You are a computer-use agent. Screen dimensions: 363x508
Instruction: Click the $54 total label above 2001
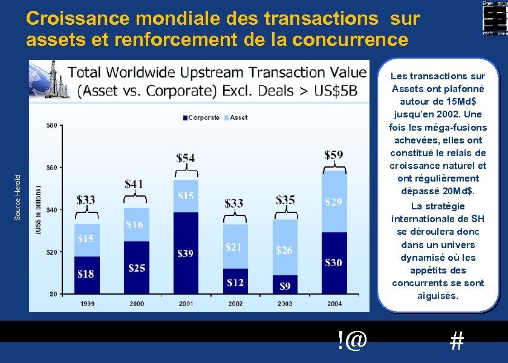pyautogui.click(x=186, y=158)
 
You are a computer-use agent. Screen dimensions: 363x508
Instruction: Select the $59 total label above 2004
pyautogui.click(x=334, y=155)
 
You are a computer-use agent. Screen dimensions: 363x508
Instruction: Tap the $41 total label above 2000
pyautogui.click(x=134, y=183)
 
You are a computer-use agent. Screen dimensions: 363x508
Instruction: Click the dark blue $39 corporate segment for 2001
pyautogui.click(x=186, y=252)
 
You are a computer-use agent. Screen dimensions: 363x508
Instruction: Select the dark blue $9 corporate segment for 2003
pyautogui.click(x=284, y=285)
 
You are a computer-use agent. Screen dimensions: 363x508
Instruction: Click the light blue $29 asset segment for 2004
pyautogui.click(x=334, y=202)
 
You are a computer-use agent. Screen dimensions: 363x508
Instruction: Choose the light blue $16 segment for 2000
pyautogui.click(x=136, y=225)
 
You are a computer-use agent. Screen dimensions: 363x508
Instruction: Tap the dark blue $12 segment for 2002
pyautogui.click(x=235, y=281)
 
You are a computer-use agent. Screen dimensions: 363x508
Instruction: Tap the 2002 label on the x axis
pyautogui.click(x=235, y=304)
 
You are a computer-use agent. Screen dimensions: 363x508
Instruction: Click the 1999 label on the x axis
pyautogui.click(x=86, y=304)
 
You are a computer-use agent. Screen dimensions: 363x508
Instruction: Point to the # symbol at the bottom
pyautogui.click(x=457, y=342)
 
